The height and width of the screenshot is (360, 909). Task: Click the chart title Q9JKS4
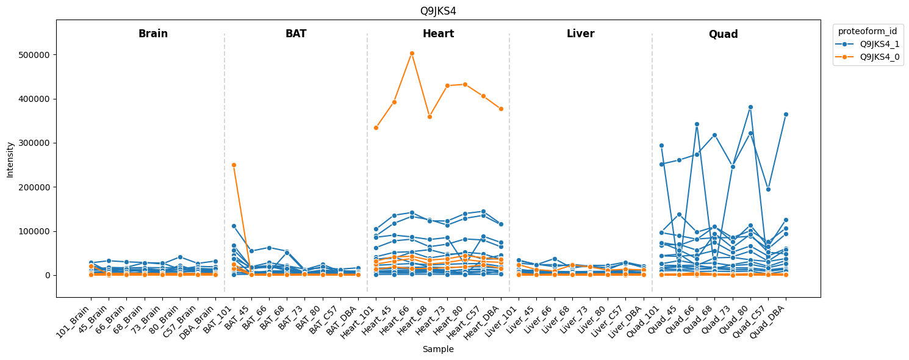point(438,11)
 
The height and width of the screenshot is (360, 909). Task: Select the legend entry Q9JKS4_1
point(879,44)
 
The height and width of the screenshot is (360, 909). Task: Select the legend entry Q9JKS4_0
point(879,57)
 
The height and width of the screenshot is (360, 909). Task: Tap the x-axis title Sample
point(438,350)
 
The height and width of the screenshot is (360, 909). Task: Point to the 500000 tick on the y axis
point(37,55)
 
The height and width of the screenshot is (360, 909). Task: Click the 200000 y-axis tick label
point(37,187)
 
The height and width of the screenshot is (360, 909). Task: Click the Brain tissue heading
point(153,34)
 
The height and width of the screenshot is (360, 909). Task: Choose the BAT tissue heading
point(296,34)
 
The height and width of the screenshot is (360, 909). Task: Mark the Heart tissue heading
point(438,34)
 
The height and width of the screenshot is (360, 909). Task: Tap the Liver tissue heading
point(580,34)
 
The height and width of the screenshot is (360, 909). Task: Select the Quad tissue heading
point(723,35)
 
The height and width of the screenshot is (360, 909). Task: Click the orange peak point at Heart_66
point(412,53)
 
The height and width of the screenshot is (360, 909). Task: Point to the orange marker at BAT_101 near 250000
point(234,165)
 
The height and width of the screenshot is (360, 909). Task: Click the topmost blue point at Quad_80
point(750,107)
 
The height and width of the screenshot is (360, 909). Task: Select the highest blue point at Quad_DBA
point(786,114)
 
